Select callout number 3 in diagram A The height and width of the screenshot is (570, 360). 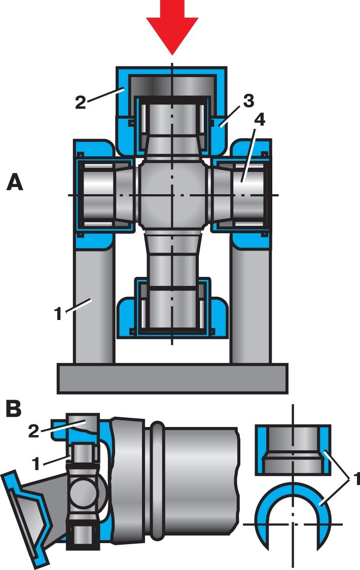coord(248,101)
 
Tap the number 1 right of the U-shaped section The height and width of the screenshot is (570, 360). coord(355,479)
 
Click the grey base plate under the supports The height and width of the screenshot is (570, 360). coord(172,378)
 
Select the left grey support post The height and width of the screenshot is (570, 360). coord(94,304)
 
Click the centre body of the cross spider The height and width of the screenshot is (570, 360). coord(172,195)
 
